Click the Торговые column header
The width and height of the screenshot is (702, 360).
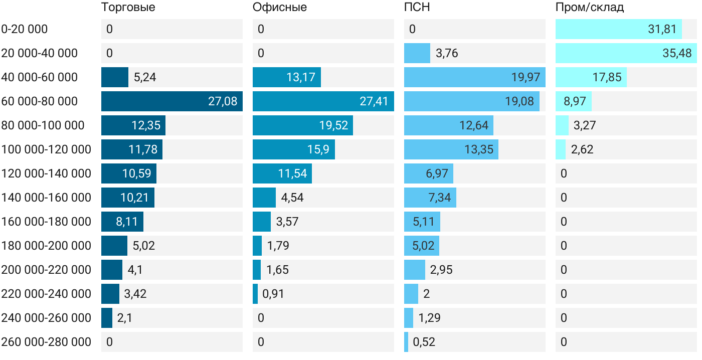[128, 8]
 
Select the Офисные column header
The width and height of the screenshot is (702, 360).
[280, 8]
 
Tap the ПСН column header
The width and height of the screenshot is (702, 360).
[417, 8]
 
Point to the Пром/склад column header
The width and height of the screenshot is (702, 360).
[590, 8]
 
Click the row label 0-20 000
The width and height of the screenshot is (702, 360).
[25, 29]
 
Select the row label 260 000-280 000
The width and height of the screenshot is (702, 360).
[46, 342]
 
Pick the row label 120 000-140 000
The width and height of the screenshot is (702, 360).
[46, 173]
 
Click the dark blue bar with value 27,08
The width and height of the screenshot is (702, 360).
[172, 101]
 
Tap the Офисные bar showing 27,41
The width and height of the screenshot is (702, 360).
[323, 101]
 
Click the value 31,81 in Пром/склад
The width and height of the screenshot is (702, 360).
[662, 29]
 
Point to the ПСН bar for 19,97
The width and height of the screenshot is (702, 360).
[475, 77]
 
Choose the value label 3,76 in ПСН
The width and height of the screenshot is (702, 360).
[447, 53]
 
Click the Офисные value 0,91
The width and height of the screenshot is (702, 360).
[273, 294]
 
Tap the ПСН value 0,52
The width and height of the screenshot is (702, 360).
[424, 342]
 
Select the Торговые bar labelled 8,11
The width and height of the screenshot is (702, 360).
[122, 222]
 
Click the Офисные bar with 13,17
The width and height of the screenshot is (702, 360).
[287, 77]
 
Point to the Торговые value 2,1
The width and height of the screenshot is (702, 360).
[125, 318]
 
